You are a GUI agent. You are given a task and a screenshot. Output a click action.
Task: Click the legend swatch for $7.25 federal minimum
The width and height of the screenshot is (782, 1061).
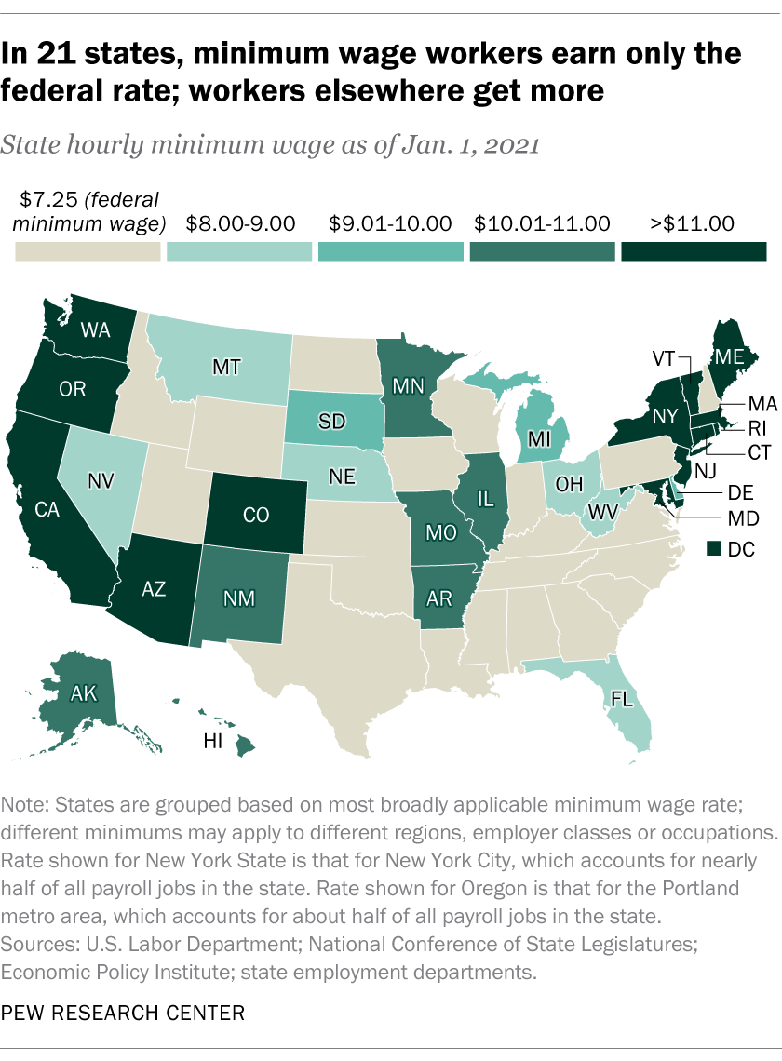click(88, 252)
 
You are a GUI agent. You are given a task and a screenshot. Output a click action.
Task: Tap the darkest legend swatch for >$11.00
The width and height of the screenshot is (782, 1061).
click(694, 252)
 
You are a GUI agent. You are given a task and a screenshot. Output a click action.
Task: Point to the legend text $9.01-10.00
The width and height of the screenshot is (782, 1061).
click(392, 223)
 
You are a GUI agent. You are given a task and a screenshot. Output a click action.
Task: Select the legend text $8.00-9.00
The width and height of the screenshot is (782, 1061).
click(240, 223)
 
